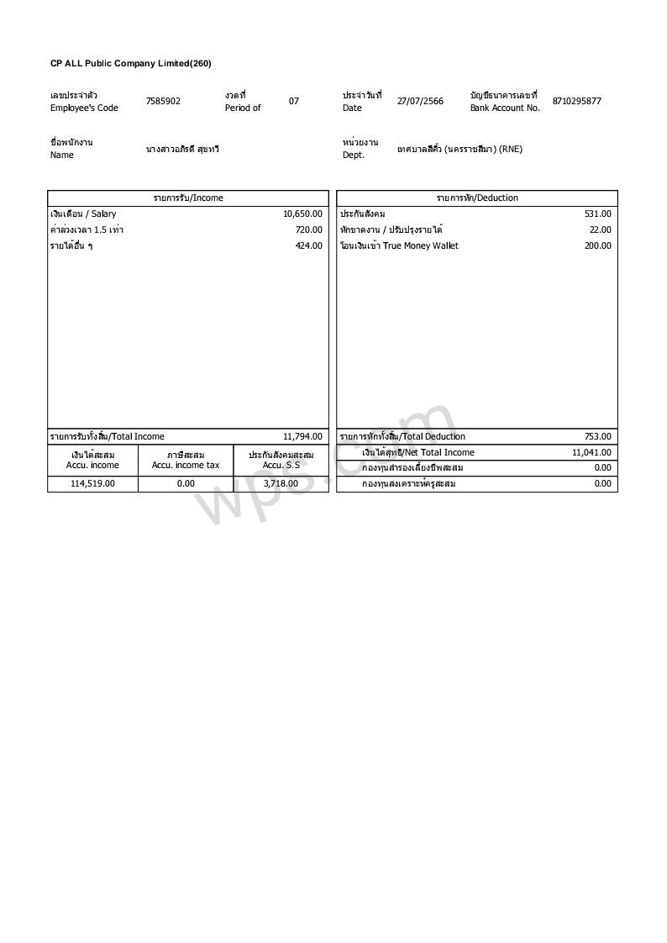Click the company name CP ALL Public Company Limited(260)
pyautogui.click(x=131, y=64)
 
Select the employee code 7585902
pyautogui.click(x=163, y=102)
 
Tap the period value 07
pyautogui.click(x=294, y=102)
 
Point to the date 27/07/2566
pyautogui.click(x=420, y=102)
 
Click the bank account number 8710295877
pyautogui.click(x=576, y=102)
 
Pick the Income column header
pyautogui.click(x=188, y=198)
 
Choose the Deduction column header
pyautogui.click(x=477, y=198)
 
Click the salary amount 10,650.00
pyautogui.click(x=302, y=214)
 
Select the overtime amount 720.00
pyautogui.click(x=308, y=230)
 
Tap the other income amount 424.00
pyautogui.click(x=308, y=246)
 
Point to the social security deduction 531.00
pyautogui.click(x=598, y=214)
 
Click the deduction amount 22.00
pyautogui.click(x=601, y=230)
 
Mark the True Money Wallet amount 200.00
pyautogui.click(x=598, y=246)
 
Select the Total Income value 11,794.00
pyautogui.click(x=302, y=437)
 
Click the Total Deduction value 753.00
pyautogui.click(x=598, y=437)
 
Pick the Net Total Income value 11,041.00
pyautogui.click(x=592, y=453)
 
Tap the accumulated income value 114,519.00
pyautogui.click(x=92, y=484)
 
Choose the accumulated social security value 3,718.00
pyautogui.click(x=281, y=484)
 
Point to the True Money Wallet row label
pyautogui.click(x=399, y=246)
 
